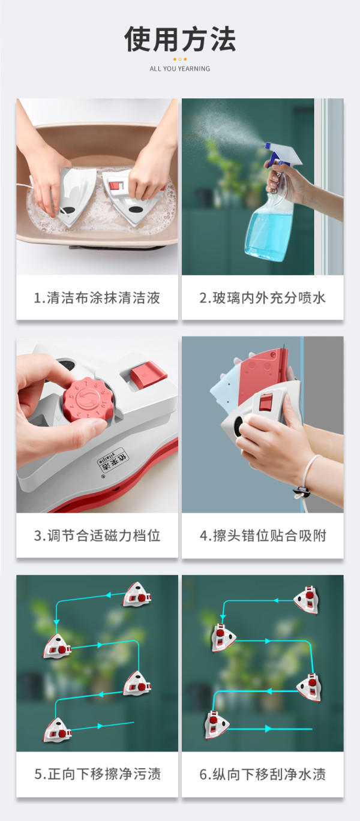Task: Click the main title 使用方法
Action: tap(179, 39)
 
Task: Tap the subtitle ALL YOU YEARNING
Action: tap(179, 68)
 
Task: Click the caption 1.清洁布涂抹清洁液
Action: tap(97, 297)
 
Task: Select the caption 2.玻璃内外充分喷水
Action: tap(262, 297)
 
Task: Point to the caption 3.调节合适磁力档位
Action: tap(97, 536)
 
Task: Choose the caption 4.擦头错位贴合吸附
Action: tap(262, 536)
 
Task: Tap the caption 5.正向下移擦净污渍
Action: tap(97, 774)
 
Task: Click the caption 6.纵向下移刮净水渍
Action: tap(262, 774)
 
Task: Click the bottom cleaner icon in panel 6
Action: tap(216, 725)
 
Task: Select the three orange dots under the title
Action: tap(180, 59)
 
